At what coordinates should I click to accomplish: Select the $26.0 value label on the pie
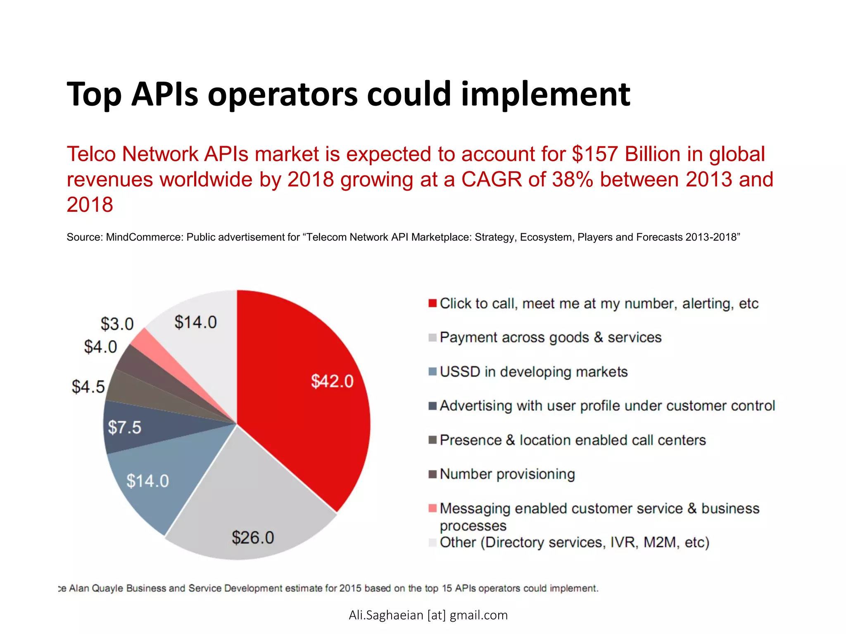coord(253,537)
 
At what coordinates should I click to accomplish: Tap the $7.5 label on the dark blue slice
coord(124,427)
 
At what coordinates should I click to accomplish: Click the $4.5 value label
coord(88,387)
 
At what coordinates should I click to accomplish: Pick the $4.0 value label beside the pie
coord(100,347)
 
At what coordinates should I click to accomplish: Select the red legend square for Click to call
coord(433,303)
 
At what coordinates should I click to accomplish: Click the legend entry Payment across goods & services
coord(550,338)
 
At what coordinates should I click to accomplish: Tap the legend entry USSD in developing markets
coord(533,372)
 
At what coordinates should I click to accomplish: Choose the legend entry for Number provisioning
coord(507,474)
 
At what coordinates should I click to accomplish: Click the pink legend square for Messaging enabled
coord(433,508)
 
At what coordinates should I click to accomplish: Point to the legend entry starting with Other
coord(574,542)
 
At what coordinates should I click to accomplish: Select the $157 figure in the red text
coord(595,154)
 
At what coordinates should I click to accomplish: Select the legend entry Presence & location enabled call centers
coord(573,440)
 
